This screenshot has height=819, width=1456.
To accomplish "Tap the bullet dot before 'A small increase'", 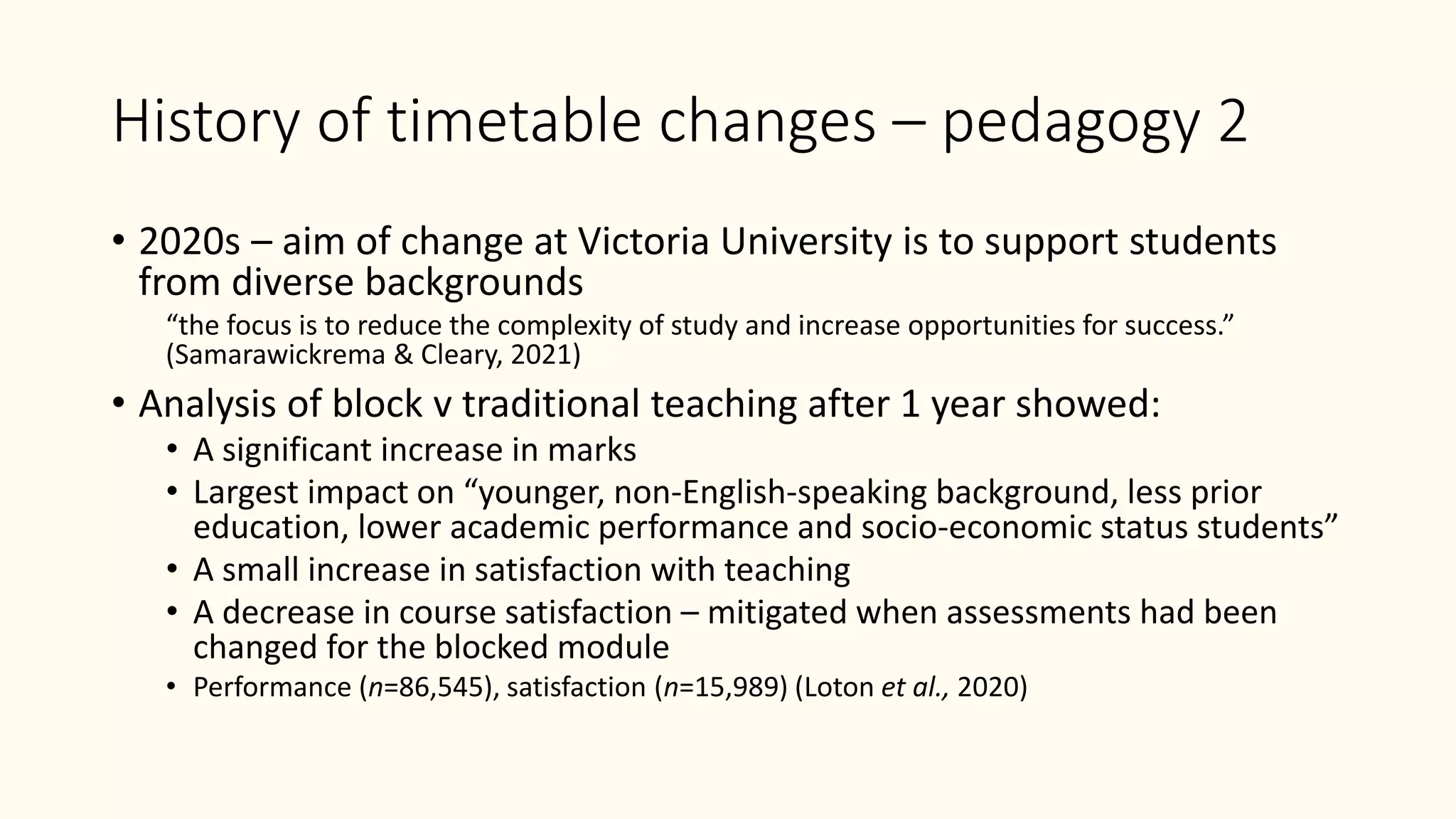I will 171,569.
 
